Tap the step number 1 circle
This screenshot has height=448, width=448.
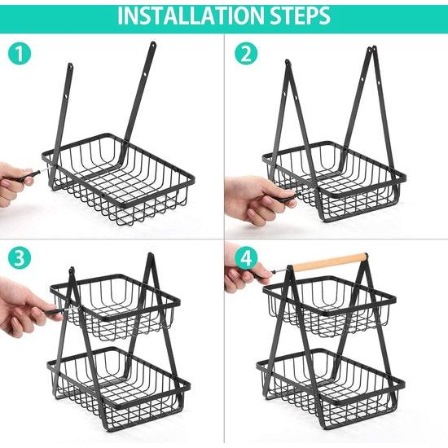pos(20,54)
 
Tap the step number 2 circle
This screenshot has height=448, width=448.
pos(246,54)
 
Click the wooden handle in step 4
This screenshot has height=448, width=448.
pos(330,261)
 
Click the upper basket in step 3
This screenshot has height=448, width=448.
pos(115,308)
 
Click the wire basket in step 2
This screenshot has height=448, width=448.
pos(334,182)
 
